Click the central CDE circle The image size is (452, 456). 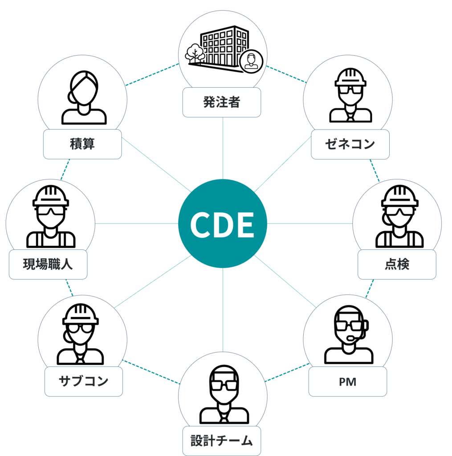(223, 224)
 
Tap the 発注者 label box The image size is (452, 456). (222, 102)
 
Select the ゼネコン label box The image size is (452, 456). (350, 144)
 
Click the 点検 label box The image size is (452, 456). (397, 265)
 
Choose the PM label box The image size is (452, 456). (348, 382)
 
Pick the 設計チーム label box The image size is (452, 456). (222, 441)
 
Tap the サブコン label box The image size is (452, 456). (83, 381)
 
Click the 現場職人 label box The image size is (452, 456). (48, 265)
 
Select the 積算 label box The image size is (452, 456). (82, 144)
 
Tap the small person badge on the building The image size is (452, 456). (251, 61)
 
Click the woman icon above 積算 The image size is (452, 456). (84, 98)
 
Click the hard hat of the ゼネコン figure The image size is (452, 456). (350, 77)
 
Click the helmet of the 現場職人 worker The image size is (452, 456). (51, 196)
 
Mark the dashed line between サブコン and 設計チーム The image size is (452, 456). (151, 372)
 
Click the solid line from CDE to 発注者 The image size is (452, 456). (223, 148)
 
